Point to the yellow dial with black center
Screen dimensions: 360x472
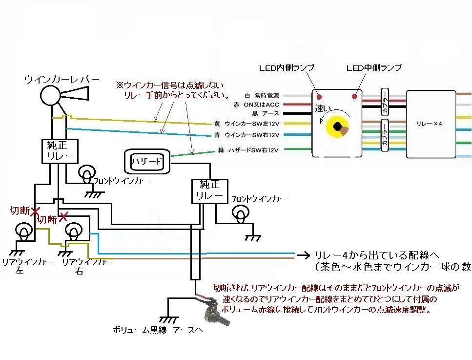tap(337, 128)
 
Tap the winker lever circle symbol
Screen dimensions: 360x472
tap(50, 95)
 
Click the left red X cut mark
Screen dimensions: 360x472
tap(35, 212)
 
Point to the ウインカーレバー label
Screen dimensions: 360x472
tap(62, 79)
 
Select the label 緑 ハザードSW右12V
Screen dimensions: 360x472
tap(248, 150)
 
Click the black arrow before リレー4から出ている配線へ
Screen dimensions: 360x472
tap(304, 254)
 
